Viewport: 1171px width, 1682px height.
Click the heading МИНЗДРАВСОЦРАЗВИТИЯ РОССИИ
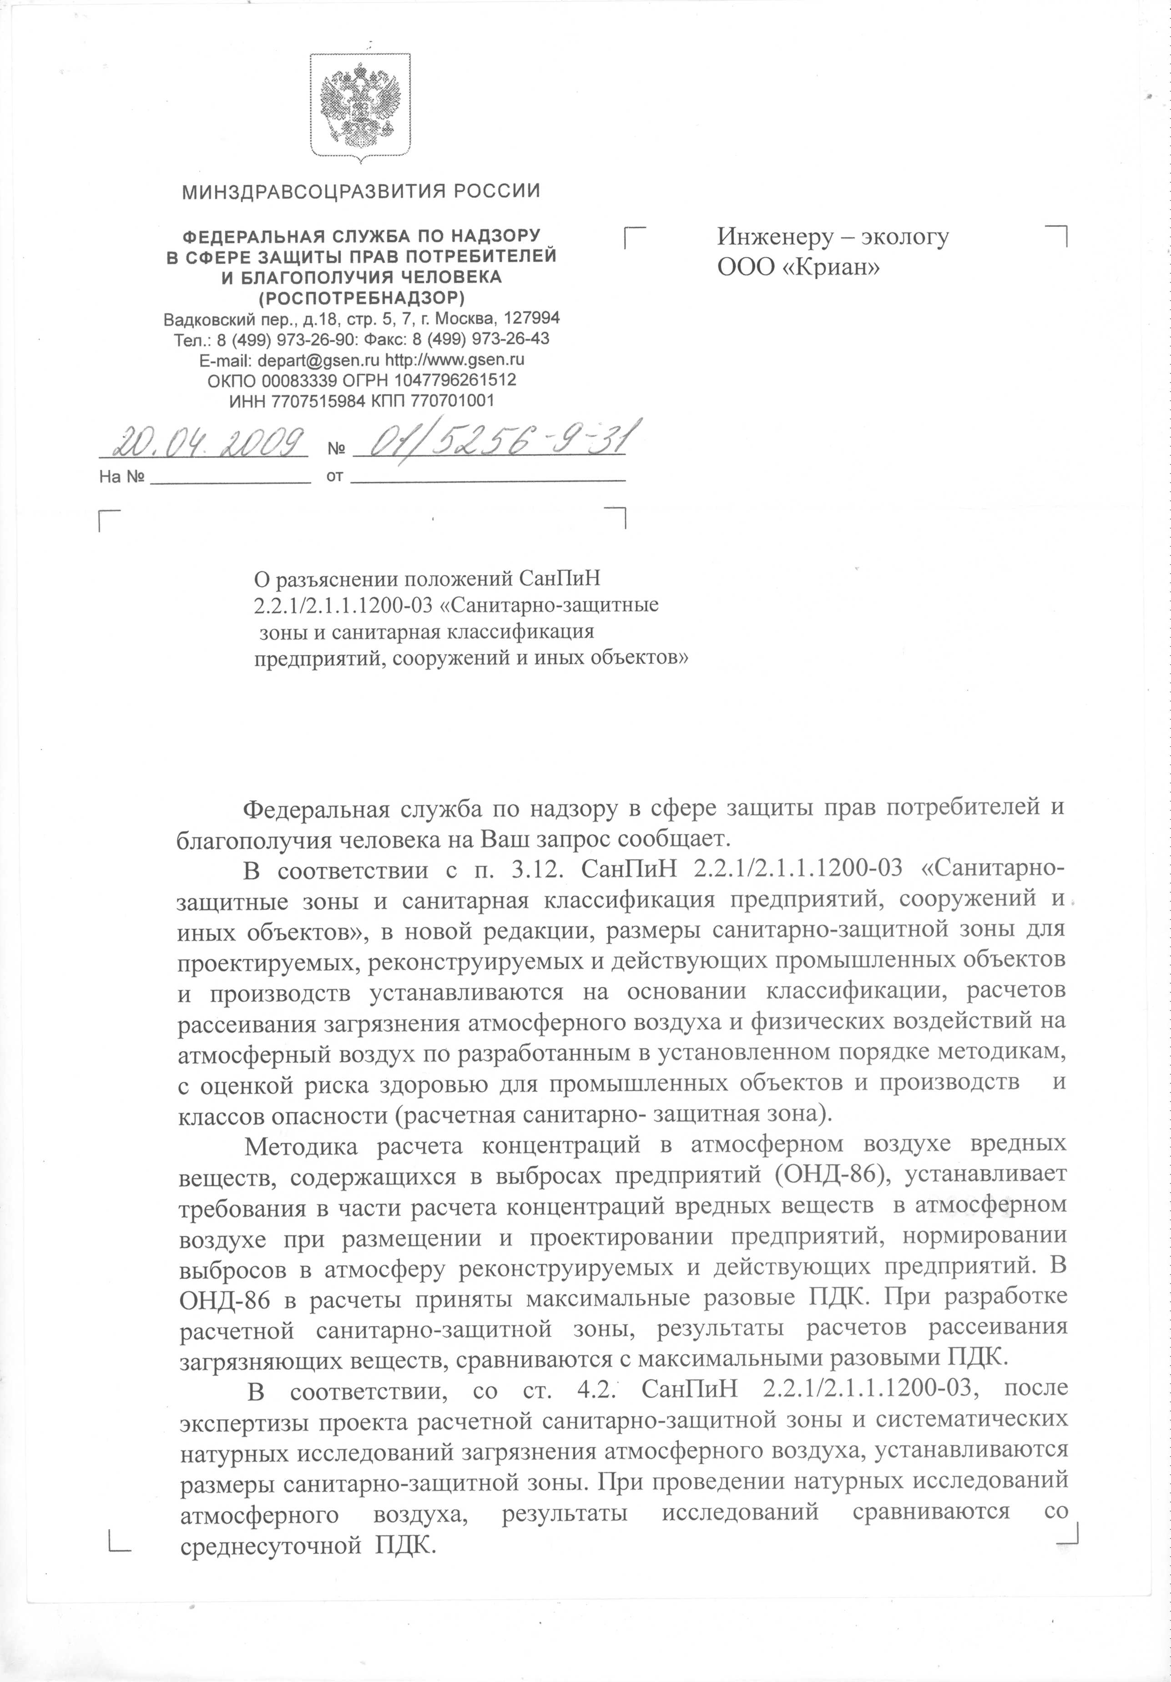tap(361, 192)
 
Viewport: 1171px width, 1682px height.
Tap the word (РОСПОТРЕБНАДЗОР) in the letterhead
tap(361, 298)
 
